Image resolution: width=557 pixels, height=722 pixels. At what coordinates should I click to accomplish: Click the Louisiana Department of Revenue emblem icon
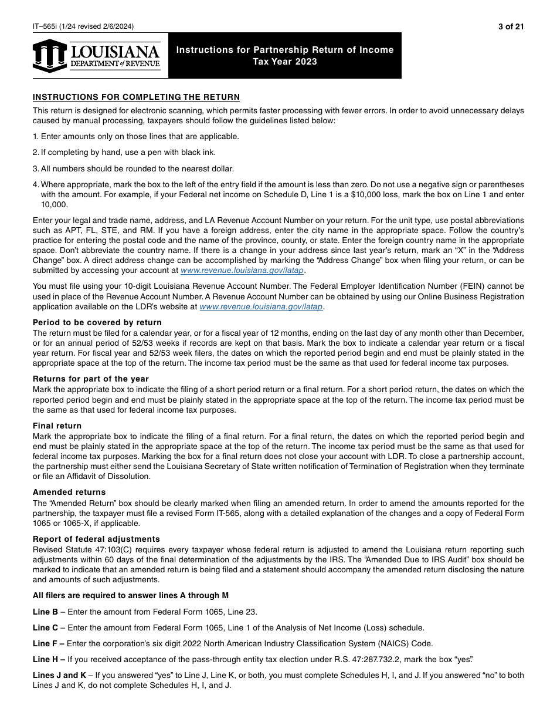click(x=50, y=56)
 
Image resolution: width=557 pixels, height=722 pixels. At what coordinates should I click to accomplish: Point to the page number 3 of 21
click(x=511, y=26)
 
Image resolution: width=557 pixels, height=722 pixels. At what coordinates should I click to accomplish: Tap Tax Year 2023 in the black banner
click(x=285, y=62)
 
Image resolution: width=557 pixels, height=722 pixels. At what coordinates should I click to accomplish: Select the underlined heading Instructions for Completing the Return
click(x=136, y=97)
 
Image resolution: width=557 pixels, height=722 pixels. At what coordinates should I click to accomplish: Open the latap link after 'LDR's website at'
click(x=261, y=306)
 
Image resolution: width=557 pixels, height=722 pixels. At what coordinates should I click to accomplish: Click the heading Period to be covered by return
click(x=97, y=322)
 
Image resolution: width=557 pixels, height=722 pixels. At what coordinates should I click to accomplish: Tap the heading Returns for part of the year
click(x=91, y=379)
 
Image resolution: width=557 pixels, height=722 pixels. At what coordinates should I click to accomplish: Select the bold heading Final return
click(x=57, y=426)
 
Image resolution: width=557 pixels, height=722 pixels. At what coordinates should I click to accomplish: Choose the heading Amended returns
click(x=69, y=492)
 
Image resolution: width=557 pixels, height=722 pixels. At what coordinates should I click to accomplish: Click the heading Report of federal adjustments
click(x=96, y=539)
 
